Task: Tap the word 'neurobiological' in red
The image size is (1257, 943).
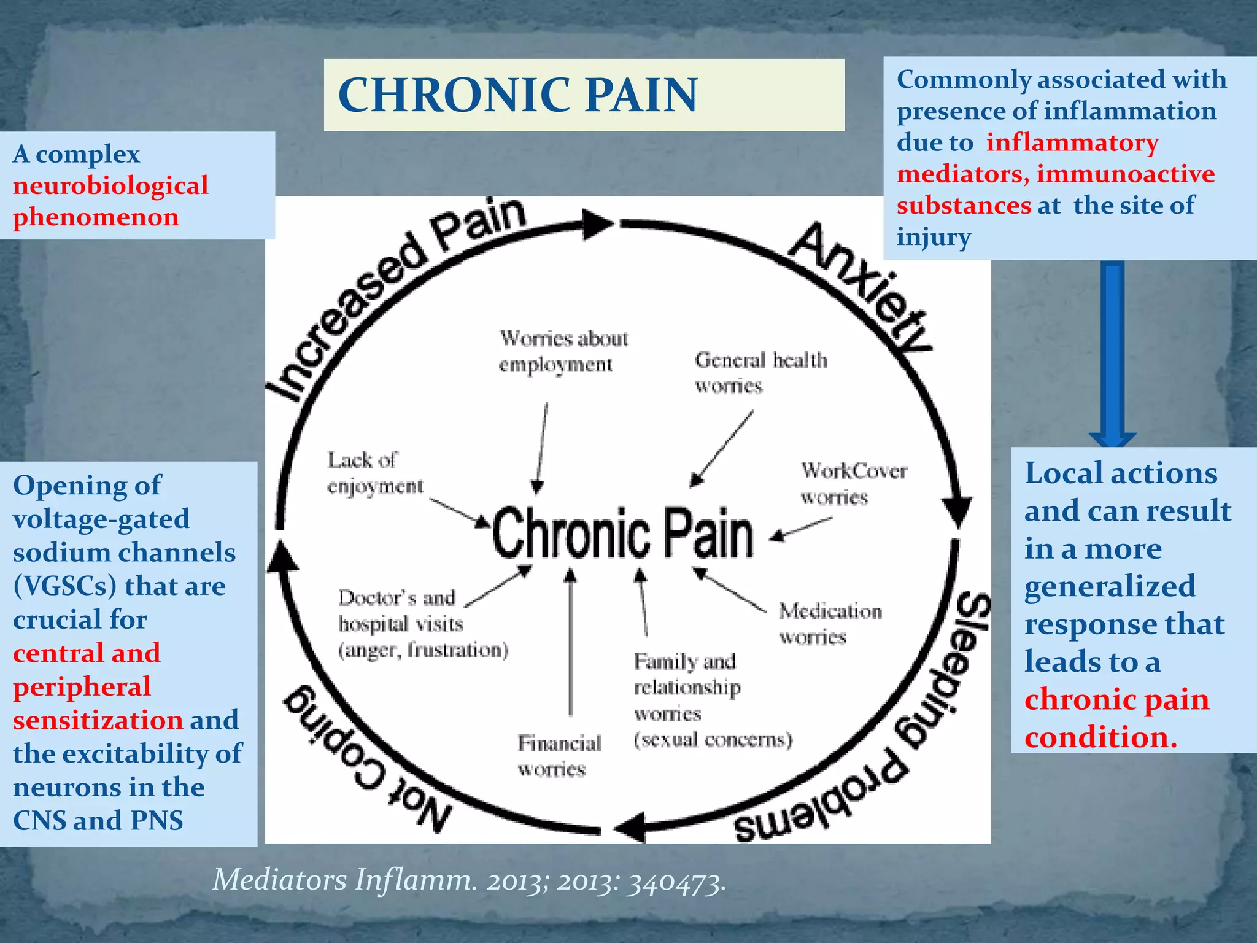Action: (x=110, y=185)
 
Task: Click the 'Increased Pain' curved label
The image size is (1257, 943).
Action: (x=393, y=295)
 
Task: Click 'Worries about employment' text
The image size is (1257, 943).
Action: (x=563, y=351)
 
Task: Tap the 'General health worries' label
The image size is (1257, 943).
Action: (x=760, y=372)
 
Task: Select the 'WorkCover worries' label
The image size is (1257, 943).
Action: (x=853, y=483)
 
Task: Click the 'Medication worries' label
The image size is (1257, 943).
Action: (x=829, y=623)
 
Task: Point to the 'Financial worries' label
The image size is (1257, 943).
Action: (x=559, y=756)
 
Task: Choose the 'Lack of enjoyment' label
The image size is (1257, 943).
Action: (x=374, y=473)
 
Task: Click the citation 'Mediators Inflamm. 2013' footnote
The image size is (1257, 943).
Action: (x=469, y=880)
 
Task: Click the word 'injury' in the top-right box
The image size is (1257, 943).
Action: (x=933, y=237)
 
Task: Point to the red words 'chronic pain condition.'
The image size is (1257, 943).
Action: (x=1116, y=718)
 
